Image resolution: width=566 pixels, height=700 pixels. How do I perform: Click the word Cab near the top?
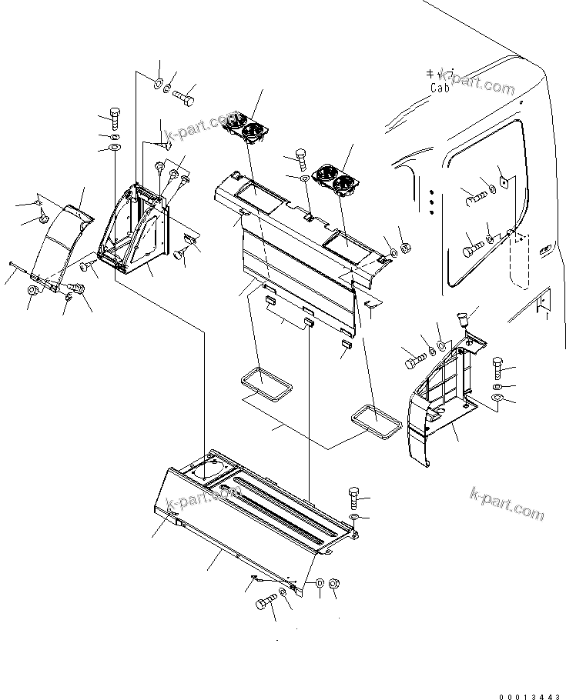440,88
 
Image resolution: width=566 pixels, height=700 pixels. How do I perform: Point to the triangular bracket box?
137,230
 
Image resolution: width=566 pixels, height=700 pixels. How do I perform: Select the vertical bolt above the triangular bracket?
115,118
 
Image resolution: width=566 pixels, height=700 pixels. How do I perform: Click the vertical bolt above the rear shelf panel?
301,158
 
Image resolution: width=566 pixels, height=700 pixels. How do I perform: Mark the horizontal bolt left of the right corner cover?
414,357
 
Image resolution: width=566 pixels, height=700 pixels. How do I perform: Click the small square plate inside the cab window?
503,182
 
